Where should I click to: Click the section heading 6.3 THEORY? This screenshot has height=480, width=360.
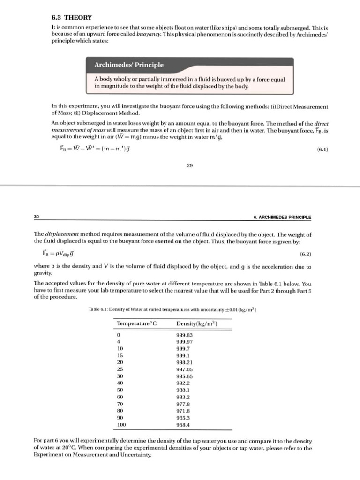point(72,17)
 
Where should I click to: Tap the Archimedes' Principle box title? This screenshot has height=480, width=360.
point(129,65)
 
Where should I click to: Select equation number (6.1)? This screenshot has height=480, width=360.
point(319,150)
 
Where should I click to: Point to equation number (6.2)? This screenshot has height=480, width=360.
point(305,254)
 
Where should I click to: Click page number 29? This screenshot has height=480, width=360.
point(190,165)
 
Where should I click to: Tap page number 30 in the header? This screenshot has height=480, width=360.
point(37,217)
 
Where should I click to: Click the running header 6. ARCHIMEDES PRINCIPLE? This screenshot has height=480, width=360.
point(282,217)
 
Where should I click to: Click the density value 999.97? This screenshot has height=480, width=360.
point(185,342)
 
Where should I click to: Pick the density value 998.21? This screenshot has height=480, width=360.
point(185,362)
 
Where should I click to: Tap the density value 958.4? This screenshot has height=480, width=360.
point(183,425)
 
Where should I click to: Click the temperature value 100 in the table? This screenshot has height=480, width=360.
point(121,425)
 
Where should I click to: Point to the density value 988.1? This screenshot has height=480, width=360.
point(183,390)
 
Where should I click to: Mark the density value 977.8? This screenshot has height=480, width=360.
point(183,404)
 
